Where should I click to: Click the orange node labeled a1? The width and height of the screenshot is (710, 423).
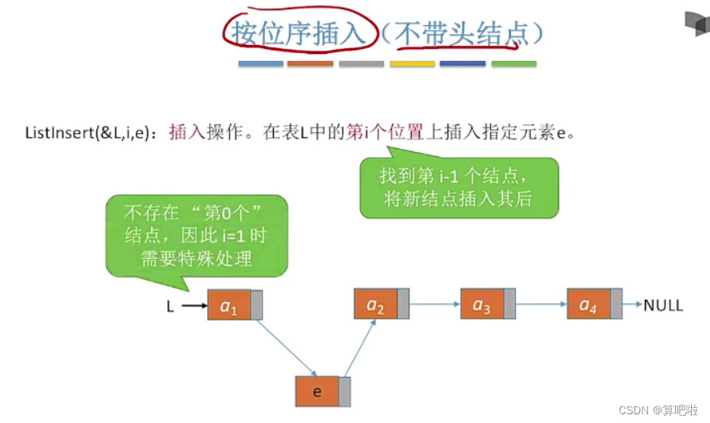(229, 305)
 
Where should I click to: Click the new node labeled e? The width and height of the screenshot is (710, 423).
(317, 391)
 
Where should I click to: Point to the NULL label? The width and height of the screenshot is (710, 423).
(662, 305)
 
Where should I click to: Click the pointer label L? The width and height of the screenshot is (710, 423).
(170, 306)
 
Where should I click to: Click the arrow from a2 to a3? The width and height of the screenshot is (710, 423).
(435, 303)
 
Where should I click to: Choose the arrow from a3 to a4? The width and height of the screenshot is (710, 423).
(541, 303)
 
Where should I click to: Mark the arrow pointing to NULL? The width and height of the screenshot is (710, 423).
(631, 304)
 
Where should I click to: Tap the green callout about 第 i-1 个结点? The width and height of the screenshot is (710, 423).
(459, 187)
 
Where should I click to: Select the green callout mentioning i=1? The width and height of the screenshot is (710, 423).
(198, 235)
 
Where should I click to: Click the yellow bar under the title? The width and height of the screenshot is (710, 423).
(412, 63)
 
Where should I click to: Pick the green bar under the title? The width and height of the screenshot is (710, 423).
(513, 63)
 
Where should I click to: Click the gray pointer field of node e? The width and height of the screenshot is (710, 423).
(345, 391)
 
